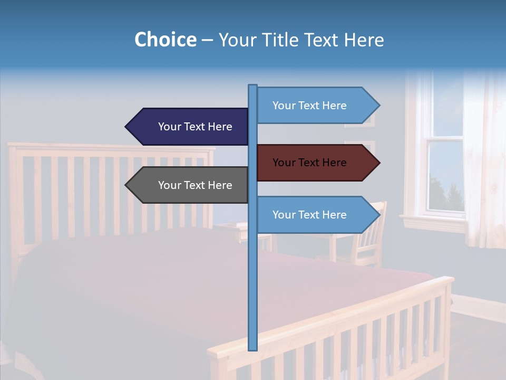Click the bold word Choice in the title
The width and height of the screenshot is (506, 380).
(x=165, y=40)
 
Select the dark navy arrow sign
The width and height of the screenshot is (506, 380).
(x=195, y=127)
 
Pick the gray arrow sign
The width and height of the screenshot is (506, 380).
(x=195, y=185)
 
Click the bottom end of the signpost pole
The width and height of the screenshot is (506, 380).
(x=253, y=348)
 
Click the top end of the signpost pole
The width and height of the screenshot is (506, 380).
(x=253, y=86)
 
